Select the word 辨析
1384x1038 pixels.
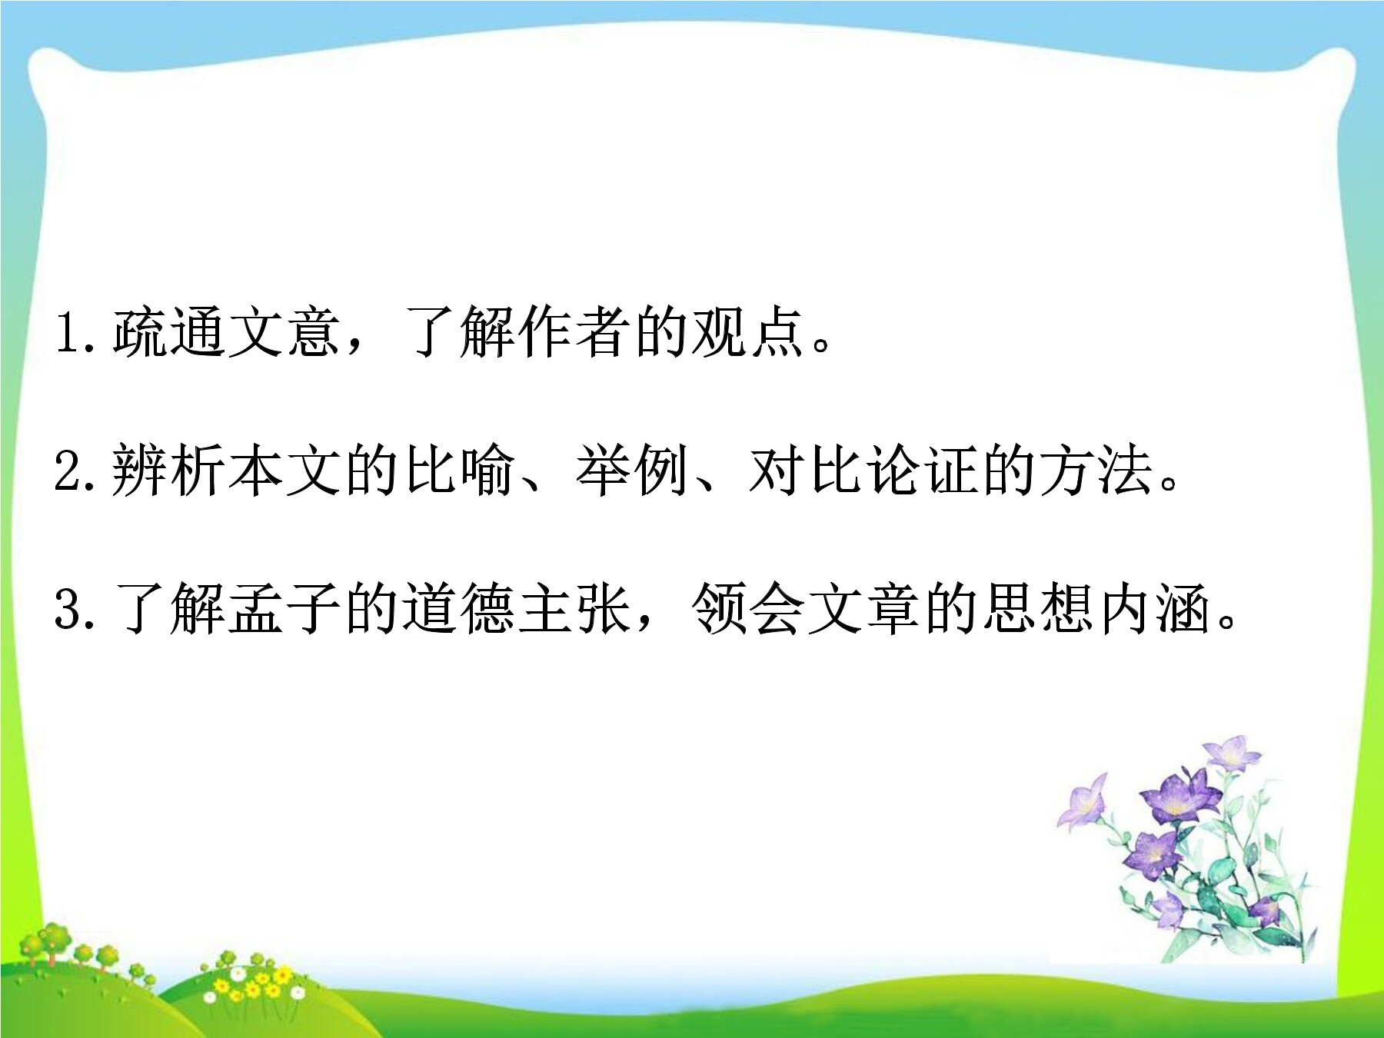tap(169, 470)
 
